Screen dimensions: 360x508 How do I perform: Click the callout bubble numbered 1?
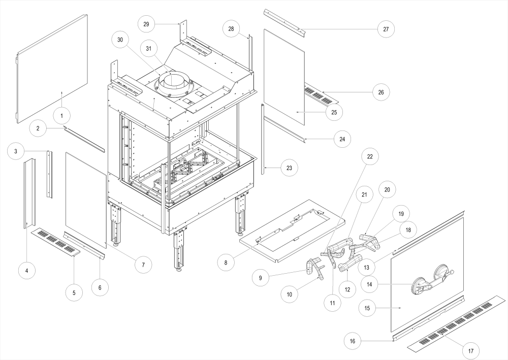pyautogui.click(x=61, y=116)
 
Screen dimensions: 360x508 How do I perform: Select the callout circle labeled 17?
pyautogui.click(x=471, y=350)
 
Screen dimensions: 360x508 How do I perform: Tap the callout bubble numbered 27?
pyautogui.click(x=386, y=29)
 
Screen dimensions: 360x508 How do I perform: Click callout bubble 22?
pyautogui.click(x=370, y=157)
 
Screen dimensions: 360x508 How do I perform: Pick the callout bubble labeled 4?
pyautogui.click(x=27, y=271)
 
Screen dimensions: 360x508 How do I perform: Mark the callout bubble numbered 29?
pyautogui.click(x=146, y=24)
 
